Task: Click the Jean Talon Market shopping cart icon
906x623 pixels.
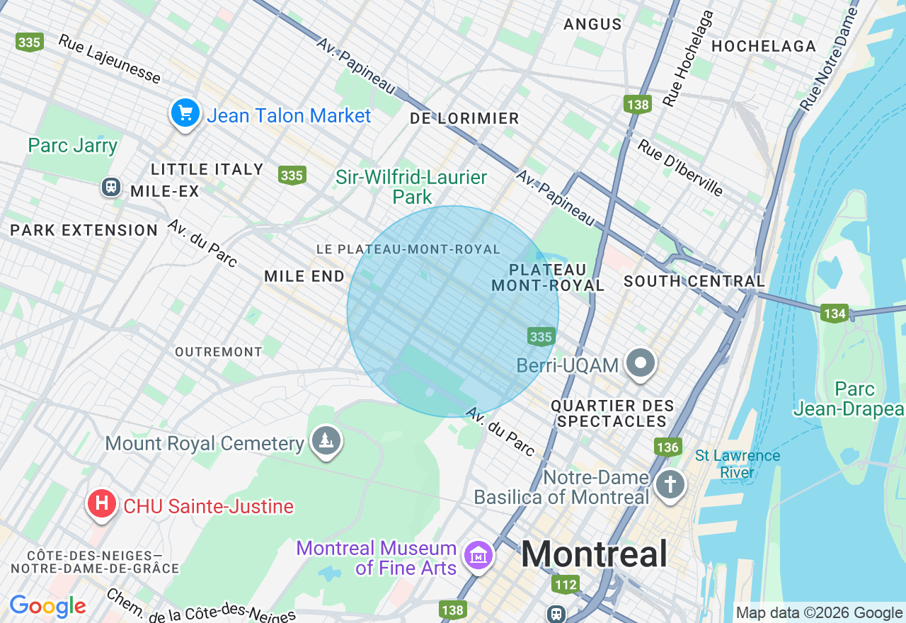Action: [185, 113]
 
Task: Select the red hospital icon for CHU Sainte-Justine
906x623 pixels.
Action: [102, 504]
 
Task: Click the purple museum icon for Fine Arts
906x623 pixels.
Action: [479, 556]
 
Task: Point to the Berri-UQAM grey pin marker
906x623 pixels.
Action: [641, 364]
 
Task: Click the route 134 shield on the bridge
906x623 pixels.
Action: [835, 313]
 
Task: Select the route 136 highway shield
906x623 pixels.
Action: [667, 447]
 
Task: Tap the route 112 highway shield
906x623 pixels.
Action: [566, 585]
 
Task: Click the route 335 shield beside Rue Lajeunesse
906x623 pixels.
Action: [29, 42]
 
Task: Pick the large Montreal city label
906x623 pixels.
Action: [594, 554]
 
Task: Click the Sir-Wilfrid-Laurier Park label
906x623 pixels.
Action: [411, 187]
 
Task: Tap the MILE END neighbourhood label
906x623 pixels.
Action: [304, 277]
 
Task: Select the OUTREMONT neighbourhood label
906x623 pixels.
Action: [219, 352]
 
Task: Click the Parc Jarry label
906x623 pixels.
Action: [73, 146]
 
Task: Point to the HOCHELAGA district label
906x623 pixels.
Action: [764, 47]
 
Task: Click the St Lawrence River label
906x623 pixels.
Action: [737, 464]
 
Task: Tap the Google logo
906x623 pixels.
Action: [47, 606]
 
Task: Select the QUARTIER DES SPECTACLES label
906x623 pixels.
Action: [612, 413]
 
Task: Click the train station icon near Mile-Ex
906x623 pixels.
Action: [111, 187]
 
